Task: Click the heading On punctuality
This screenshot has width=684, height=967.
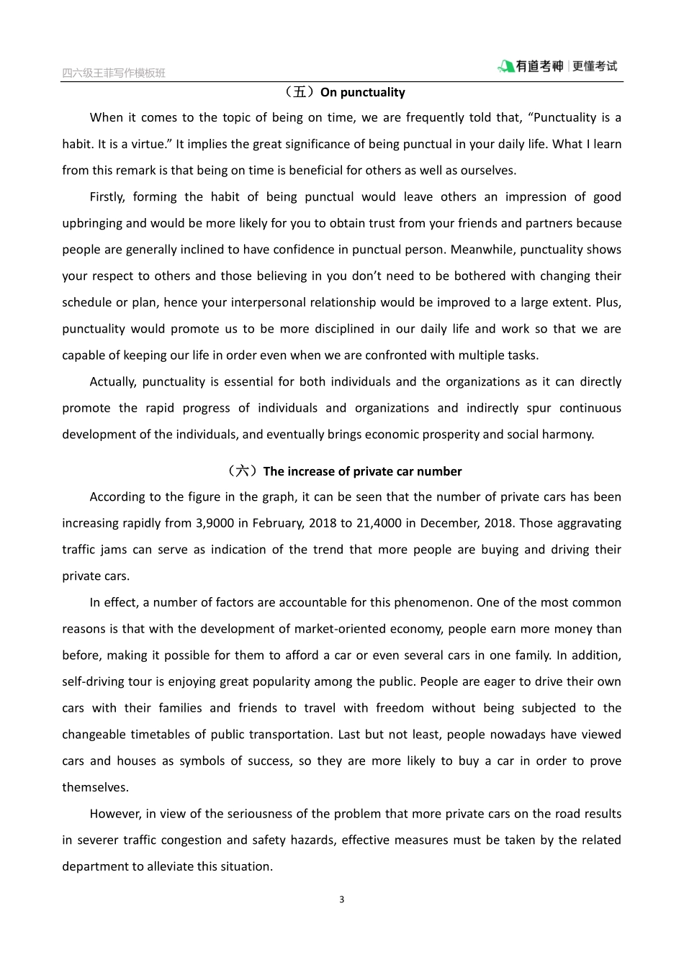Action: pos(362,92)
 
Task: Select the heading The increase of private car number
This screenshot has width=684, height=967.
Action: pos(362,471)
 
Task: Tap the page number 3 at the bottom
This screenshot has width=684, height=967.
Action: pos(342,899)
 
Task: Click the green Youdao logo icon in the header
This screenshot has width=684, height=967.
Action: pos(505,67)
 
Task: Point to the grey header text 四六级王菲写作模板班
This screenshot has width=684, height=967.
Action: pos(114,73)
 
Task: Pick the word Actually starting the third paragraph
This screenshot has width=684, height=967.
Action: pos(112,382)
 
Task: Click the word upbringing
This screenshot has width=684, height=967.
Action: pos(93,224)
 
